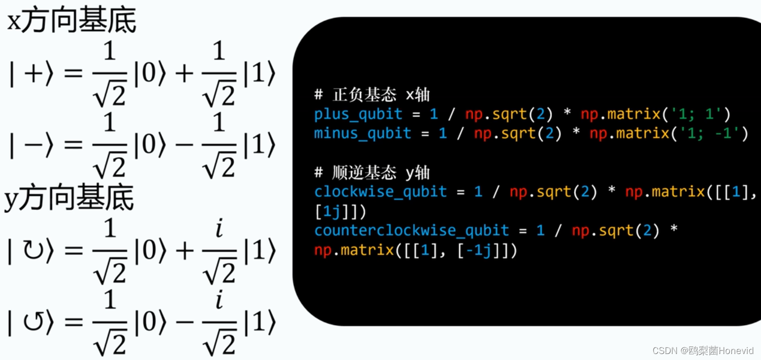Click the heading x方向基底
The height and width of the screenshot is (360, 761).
pyautogui.click(x=71, y=22)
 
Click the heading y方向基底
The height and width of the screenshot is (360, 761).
pyautogui.click(x=69, y=198)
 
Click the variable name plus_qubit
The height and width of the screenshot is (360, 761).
pyautogui.click(x=358, y=114)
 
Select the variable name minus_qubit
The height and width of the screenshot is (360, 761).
pyautogui.click(x=362, y=133)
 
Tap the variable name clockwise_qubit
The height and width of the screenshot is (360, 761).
pyautogui.click(x=380, y=191)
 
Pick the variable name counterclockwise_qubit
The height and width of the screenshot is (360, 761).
pyautogui.click(x=411, y=230)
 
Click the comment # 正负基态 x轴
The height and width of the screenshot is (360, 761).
pyautogui.click(x=372, y=95)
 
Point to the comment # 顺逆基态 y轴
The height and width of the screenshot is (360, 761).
pyautogui.click(x=372, y=173)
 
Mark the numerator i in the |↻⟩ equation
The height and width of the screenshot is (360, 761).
pyautogui.click(x=218, y=229)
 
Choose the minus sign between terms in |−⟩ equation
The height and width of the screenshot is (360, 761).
pyautogui.click(x=184, y=145)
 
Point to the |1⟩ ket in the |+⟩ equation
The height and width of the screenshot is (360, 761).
pyautogui.click(x=258, y=74)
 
